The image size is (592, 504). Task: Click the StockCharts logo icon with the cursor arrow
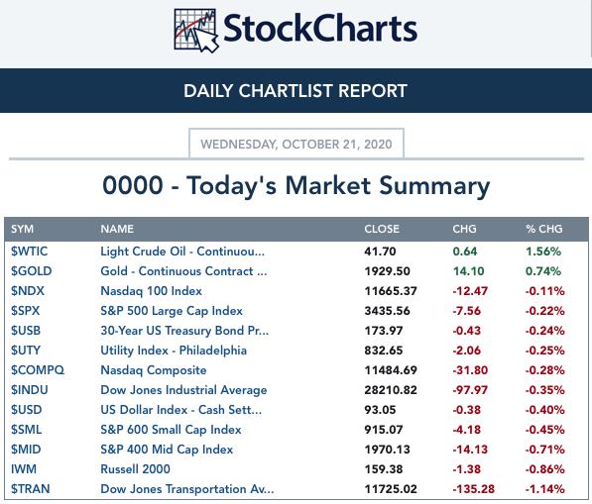pos(196,30)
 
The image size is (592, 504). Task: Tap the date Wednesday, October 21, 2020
pos(296,144)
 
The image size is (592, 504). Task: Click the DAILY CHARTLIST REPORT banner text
pos(296,91)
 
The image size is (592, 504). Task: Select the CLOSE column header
pos(382,229)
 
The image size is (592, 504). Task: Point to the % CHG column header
pos(544,229)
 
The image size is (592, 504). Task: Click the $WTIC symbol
pos(29,252)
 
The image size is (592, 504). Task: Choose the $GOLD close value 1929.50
pos(387,271)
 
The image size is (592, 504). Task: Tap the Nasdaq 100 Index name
pos(151,291)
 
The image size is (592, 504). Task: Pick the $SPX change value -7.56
pos(467,311)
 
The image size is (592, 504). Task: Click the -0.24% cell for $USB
pos(544,331)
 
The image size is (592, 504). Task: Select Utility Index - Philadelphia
pos(174,351)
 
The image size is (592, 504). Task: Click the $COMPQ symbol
pos(38,370)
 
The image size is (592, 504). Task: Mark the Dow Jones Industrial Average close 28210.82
pos(391,390)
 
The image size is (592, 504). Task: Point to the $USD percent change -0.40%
pos(544,410)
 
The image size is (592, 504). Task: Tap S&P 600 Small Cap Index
pos(171,430)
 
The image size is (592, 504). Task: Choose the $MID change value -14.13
pos(470,450)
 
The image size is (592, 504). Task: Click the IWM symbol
pos(24,469)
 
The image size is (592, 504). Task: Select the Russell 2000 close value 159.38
pos(383,469)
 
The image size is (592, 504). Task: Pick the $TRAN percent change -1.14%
pos(544,489)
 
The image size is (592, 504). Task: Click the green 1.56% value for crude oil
pos(543,252)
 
